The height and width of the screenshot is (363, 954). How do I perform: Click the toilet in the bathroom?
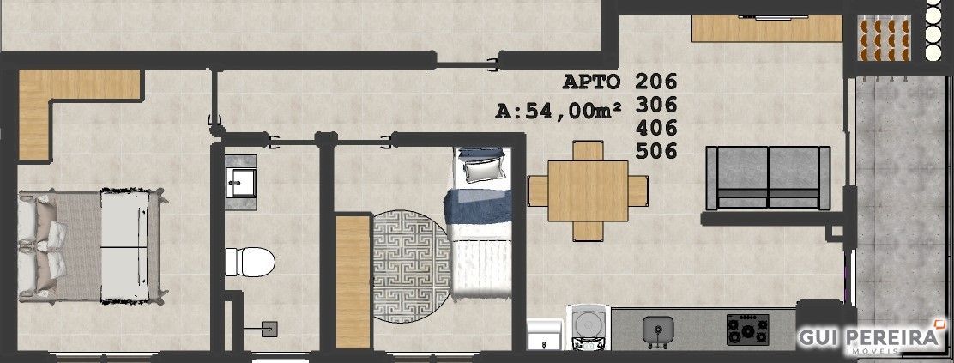pyautogui.click(x=250, y=262)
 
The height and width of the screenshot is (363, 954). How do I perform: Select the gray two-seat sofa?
pyautogui.click(x=768, y=178)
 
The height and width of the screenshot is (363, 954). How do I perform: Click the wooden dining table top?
pyautogui.click(x=588, y=191)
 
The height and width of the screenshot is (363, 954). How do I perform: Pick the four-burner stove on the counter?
pyautogui.click(x=748, y=330)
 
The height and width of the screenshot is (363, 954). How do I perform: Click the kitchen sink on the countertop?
pyautogui.click(x=658, y=330)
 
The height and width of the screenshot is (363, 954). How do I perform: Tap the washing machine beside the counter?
pyautogui.click(x=588, y=327)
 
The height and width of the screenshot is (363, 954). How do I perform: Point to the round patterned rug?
pyautogui.click(x=411, y=266)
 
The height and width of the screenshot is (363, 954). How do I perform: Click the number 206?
pyautogui.click(x=655, y=81)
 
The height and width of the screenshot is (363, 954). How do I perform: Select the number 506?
pyautogui.click(x=655, y=150)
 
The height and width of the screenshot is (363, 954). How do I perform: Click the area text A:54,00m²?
pyautogui.click(x=559, y=111)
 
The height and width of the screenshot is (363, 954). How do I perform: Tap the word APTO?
pyautogui.click(x=591, y=81)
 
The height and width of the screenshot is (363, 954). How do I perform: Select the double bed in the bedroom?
pyautogui.click(x=91, y=246)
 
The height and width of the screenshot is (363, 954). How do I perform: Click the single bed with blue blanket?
pyautogui.click(x=480, y=223)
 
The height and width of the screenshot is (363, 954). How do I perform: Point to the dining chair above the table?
pyautogui.click(x=588, y=150)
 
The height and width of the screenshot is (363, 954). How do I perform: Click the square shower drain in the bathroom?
pyautogui.click(x=269, y=329)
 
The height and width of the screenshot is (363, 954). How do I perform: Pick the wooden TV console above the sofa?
pyautogui.click(x=767, y=28)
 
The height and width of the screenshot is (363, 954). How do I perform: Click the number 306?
pyautogui.click(x=655, y=105)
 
